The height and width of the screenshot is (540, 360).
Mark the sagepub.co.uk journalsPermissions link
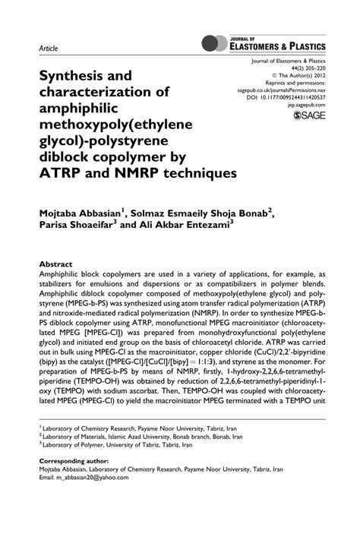pos(281,90)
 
